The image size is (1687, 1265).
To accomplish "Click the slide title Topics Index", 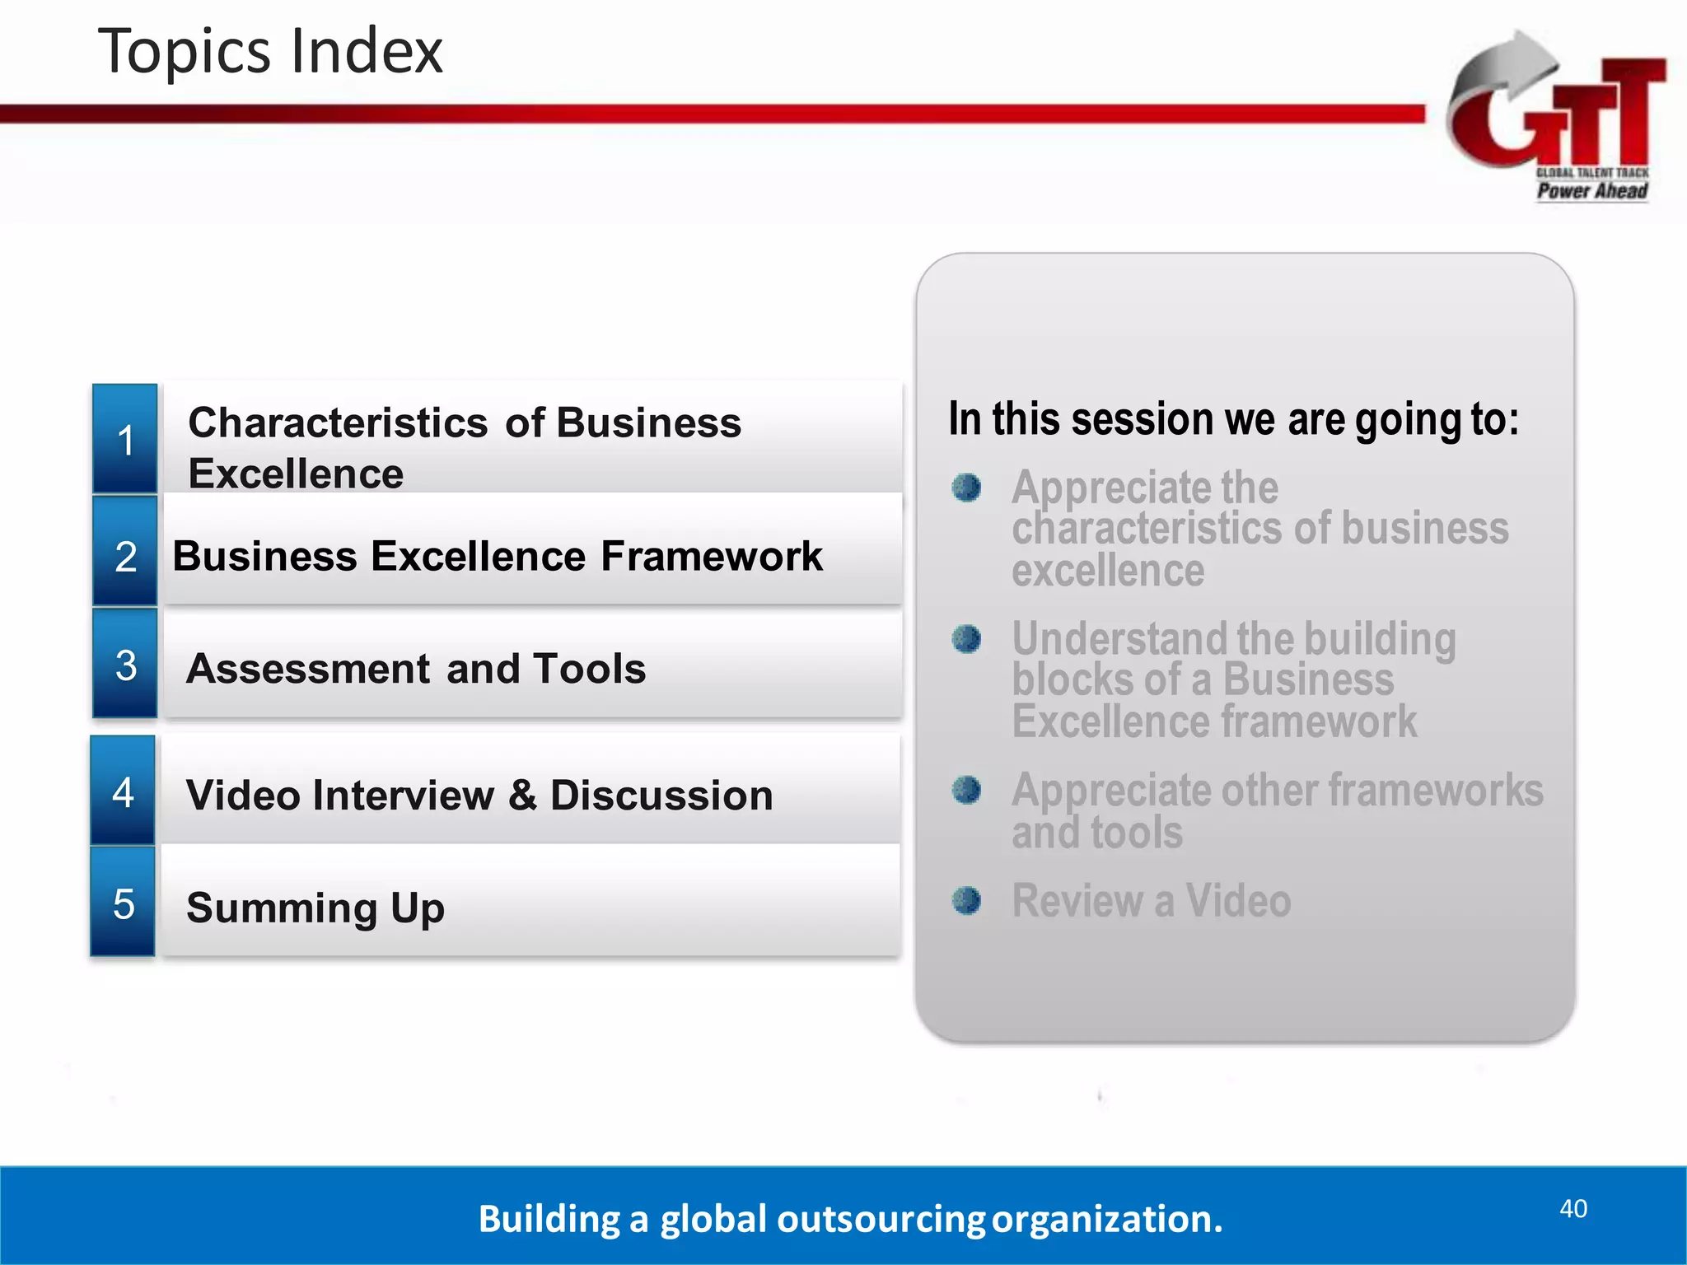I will [x=270, y=51].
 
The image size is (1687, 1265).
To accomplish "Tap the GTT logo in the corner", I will [x=1557, y=107].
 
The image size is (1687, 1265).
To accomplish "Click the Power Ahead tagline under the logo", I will [x=1591, y=191].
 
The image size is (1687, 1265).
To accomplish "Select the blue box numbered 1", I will [x=125, y=439].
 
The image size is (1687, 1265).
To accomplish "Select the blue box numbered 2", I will [x=125, y=554].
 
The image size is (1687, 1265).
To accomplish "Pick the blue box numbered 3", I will [x=125, y=665].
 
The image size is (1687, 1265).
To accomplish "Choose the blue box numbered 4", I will [x=124, y=791].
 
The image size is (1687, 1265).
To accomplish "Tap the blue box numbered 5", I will [x=124, y=903].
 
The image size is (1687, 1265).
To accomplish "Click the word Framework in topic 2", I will [x=712, y=556].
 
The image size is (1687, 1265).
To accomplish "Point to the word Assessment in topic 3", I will [x=308, y=668].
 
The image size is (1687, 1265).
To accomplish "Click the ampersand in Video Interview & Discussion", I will [x=521, y=796].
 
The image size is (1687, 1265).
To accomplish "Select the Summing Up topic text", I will [x=315, y=908].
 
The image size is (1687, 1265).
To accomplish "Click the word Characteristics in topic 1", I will [x=338, y=423].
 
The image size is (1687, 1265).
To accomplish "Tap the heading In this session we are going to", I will [x=1233, y=418].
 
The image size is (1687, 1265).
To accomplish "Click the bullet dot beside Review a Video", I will [x=966, y=900].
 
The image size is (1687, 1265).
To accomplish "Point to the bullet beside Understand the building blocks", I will [x=966, y=638].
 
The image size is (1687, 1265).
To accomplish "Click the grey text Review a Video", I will [x=1151, y=900].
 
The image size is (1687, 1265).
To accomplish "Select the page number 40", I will [x=1573, y=1208].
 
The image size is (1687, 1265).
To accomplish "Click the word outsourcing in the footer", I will [x=881, y=1219].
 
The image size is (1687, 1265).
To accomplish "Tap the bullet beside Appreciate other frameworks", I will [x=966, y=790].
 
